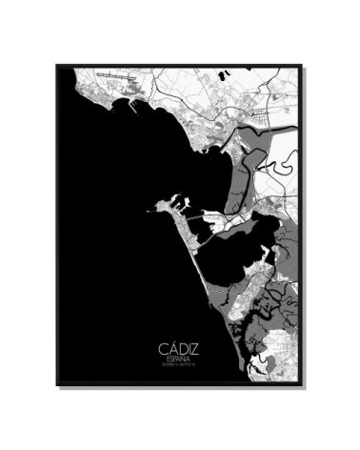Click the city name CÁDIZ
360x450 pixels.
click(x=178, y=350)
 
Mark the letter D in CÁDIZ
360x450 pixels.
click(x=179, y=350)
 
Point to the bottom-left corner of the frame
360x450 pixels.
click(x=58, y=384)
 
